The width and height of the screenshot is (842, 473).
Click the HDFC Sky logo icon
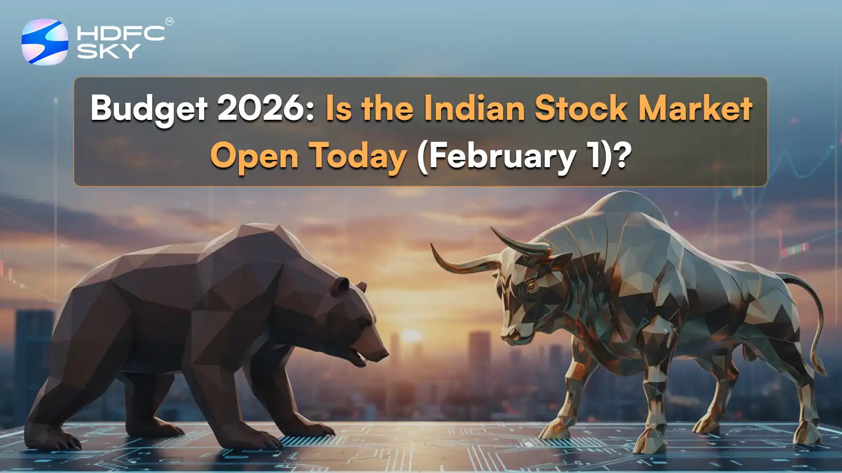click(x=45, y=42)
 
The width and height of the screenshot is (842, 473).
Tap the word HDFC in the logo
click(x=121, y=33)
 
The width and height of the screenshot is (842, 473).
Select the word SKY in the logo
click(x=108, y=51)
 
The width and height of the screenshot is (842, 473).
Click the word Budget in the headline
click(x=149, y=109)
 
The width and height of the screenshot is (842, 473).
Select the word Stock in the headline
click(x=581, y=108)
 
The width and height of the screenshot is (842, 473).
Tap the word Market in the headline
click(x=695, y=108)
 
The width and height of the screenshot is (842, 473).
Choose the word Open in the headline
click(x=254, y=156)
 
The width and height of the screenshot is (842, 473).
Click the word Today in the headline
click(x=357, y=156)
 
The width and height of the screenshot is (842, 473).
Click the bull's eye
click(x=530, y=286)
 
